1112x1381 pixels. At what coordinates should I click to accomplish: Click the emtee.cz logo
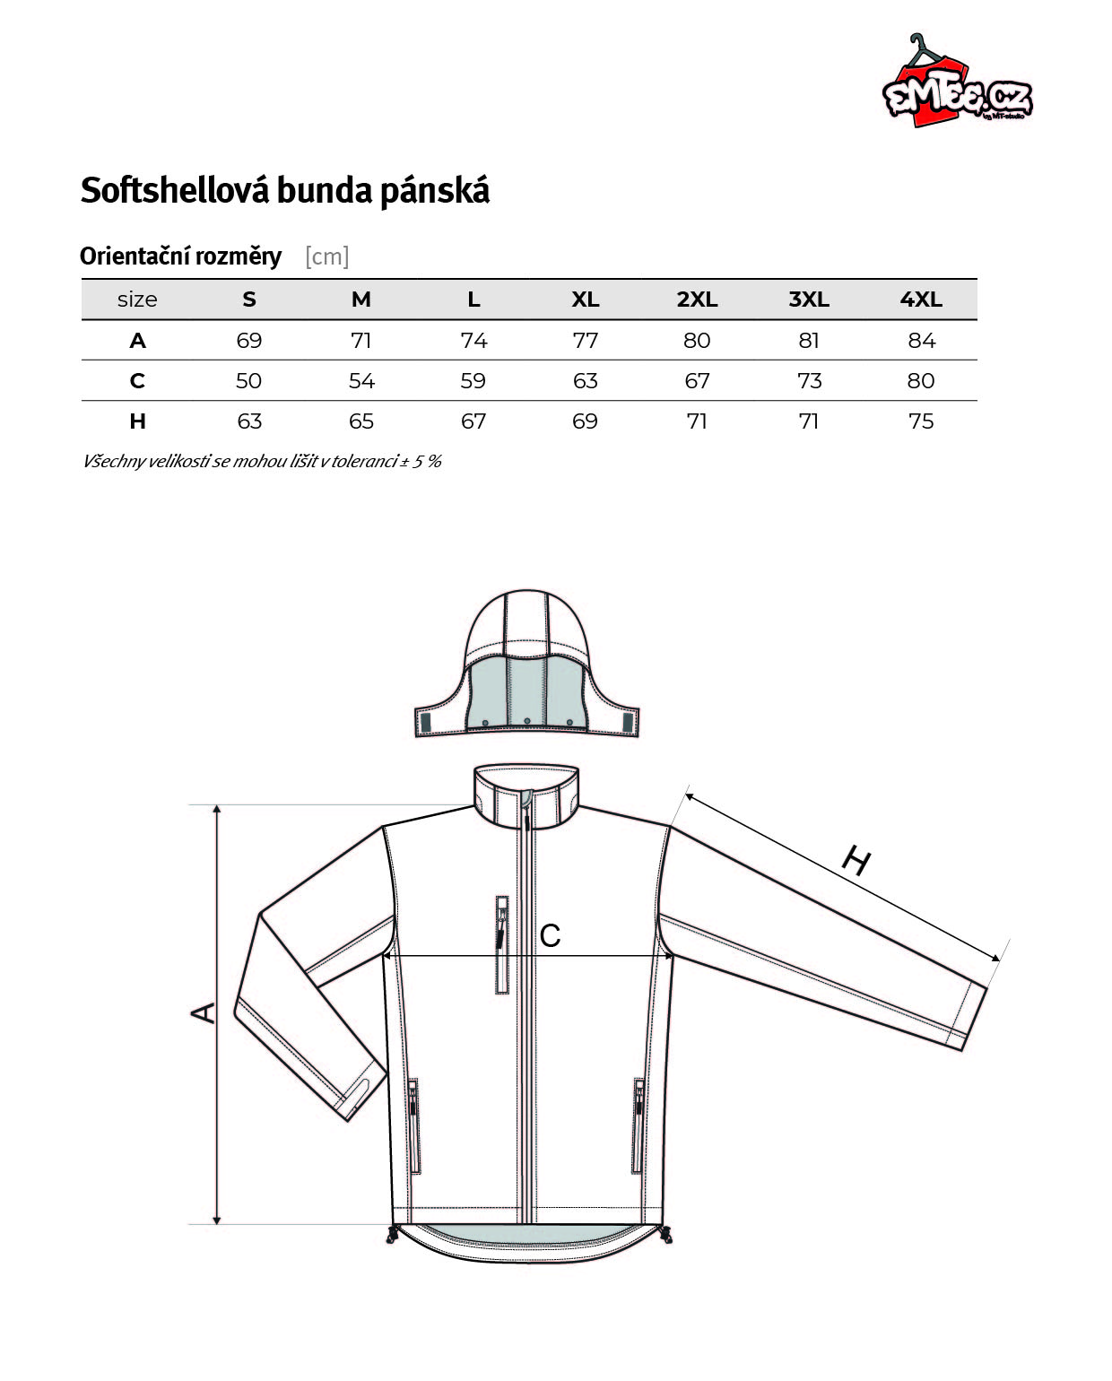coord(957,82)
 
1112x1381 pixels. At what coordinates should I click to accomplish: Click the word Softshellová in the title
coord(175,191)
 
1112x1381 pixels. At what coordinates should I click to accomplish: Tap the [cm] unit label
coord(326,256)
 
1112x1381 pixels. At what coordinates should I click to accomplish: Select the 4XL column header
coord(921,299)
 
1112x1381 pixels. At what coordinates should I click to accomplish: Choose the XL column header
coord(586,299)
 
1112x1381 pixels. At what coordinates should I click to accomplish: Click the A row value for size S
coord(249,340)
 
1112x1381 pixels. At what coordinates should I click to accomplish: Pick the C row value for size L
coord(473,380)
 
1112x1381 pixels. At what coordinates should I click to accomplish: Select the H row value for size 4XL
coord(921,421)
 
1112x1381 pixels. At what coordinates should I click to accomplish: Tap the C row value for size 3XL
coord(809,380)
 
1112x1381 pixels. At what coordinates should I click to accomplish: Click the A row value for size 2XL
coord(697,340)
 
